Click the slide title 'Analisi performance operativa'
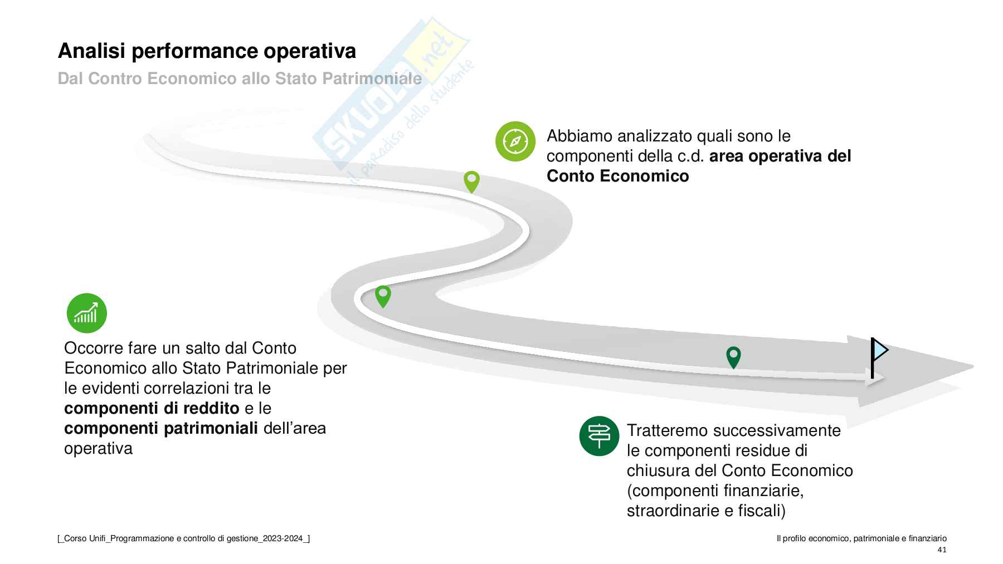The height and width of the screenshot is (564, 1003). coord(207,51)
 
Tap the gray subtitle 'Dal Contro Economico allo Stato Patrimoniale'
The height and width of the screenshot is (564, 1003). coord(240,79)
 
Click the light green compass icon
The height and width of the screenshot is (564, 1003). coord(515,141)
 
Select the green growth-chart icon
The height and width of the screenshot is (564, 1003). coord(86,313)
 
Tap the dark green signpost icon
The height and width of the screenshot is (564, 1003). coord(599,436)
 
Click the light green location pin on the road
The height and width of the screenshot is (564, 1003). coord(471,181)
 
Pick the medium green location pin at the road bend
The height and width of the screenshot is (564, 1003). coord(383,295)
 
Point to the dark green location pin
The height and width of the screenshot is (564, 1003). coord(733,356)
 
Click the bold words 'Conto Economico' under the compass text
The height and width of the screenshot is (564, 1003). coord(617,176)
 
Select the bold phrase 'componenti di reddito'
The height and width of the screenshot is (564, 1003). coord(152,408)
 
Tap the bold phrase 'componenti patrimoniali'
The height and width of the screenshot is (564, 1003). coord(161,428)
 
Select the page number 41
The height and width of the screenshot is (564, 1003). coord(942,550)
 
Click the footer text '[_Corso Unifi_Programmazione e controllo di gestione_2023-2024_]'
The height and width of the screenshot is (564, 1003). coord(184,538)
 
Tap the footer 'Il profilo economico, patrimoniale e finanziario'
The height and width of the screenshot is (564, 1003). coord(861,538)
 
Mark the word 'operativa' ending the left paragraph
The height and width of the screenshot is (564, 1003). coord(99,448)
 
